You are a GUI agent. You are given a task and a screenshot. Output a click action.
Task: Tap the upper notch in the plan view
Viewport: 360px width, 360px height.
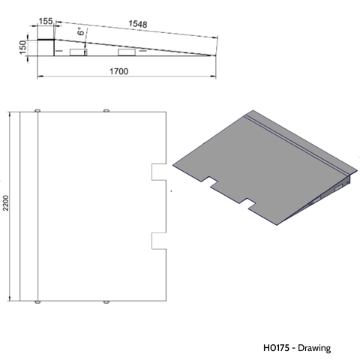pyautogui.click(x=158, y=172)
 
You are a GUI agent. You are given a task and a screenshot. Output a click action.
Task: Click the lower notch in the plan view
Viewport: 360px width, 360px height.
pyautogui.click(x=158, y=240)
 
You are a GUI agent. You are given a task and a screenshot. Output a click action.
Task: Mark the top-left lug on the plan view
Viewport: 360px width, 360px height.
pyautogui.click(x=37, y=110)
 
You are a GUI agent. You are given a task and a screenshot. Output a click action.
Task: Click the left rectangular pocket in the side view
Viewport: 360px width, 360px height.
pyautogui.click(x=77, y=52)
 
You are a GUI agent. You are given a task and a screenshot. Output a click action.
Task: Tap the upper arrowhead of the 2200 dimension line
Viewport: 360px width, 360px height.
pyautogui.click(x=10, y=115)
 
